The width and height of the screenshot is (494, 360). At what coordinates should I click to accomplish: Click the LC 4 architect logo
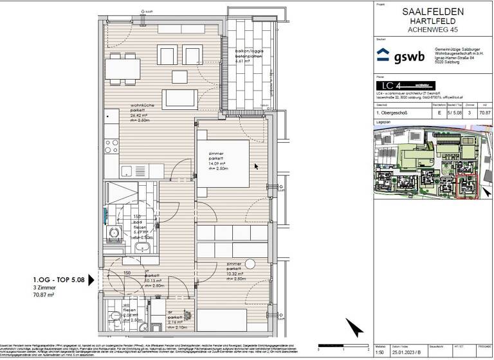pyautogui.click(x=393, y=85)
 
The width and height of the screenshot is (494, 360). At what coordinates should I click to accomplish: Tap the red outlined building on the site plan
pyautogui.click(x=464, y=186)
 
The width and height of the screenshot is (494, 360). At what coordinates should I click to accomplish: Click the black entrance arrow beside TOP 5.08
pyautogui.click(x=91, y=279)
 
